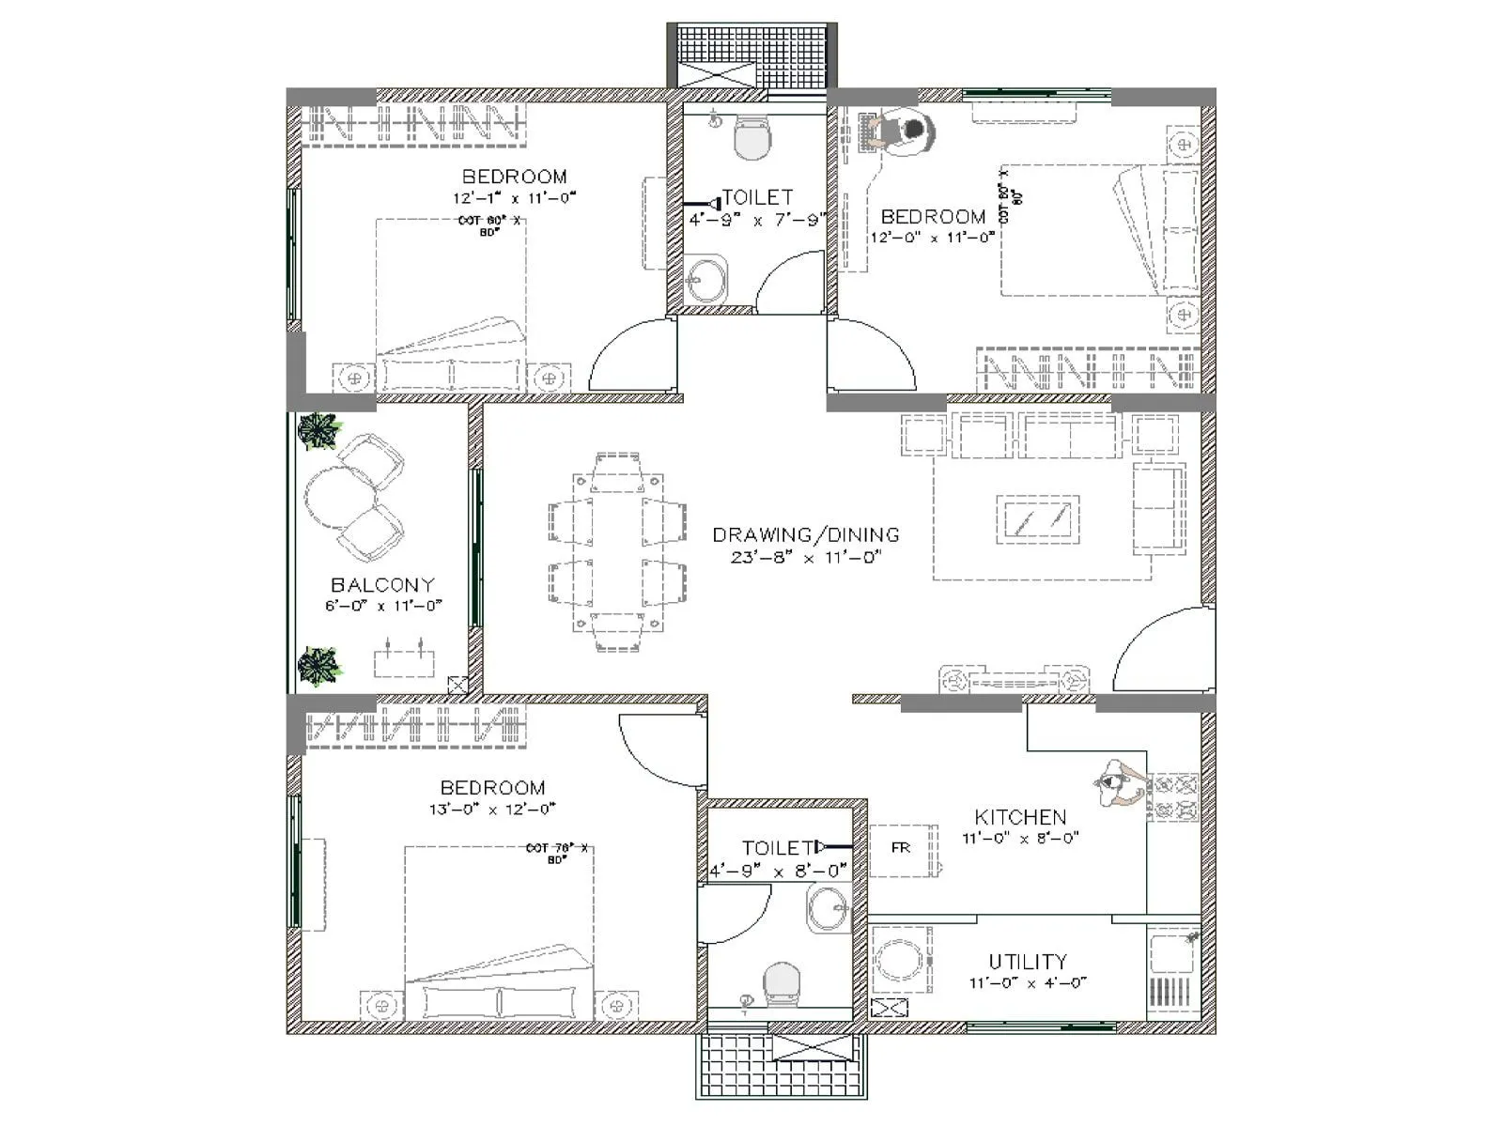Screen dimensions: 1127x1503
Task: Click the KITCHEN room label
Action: pyautogui.click(x=1020, y=817)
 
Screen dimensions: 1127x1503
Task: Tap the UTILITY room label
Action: pyautogui.click(x=1028, y=962)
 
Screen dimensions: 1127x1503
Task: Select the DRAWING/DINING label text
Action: pyautogui.click(x=805, y=535)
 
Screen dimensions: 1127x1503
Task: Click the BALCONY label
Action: pyautogui.click(x=382, y=585)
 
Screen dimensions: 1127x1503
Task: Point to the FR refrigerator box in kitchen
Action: pyautogui.click(x=901, y=848)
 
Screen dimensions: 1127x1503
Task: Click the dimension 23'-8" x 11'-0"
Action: pyautogui.click(x=805, y=557)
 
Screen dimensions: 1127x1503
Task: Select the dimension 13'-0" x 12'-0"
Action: pyautogui.click(x=492, y=809)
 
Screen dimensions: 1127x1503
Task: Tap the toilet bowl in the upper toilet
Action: pyautogui.click(x=751, y=139)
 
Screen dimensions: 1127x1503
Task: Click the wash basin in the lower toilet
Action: pyautogui.click(x=829, y=908)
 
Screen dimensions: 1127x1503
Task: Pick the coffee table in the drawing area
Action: pyautogui.click(x=1037, y=518)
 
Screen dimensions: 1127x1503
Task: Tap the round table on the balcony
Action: pyautogui.click(x=331, y=499)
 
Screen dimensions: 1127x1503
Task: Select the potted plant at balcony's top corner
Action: pyautogui.click(x=319, y=431)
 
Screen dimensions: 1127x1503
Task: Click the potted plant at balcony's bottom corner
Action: pyautogui.click(x=319, y=666)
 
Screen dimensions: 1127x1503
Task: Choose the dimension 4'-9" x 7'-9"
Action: pyautogui.click(x=757, y=220)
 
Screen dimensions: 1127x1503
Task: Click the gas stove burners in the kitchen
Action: pyautogui.click(x=1174, y=797)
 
